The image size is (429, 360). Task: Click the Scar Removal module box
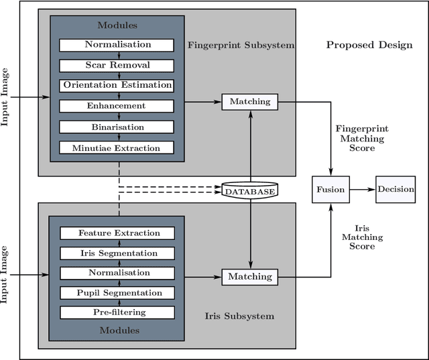point(117,65)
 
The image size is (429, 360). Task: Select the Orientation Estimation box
point(117,85)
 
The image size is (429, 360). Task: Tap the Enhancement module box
point(117,106)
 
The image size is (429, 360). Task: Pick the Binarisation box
point(117,126)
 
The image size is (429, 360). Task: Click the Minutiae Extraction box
point(117,147)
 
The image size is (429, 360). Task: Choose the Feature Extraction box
point(117,233)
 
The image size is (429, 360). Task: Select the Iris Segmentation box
point(117,253)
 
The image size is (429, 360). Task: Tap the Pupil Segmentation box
point(117,293)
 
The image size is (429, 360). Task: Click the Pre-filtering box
point(117,312)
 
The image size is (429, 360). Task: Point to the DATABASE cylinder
point(249,191)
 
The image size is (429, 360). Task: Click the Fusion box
point(330,189)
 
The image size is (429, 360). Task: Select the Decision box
point(395,189)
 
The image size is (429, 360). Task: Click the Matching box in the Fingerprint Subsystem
point(250,102)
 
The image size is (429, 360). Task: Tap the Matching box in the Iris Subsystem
point(250,276)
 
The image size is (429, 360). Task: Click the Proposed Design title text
point(369,46)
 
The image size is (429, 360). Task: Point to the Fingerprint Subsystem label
point(241,46)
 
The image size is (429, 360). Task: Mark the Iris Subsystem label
point(239,316)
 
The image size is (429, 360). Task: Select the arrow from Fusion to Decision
point(363,189)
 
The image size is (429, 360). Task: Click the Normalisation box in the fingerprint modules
point(117,45)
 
